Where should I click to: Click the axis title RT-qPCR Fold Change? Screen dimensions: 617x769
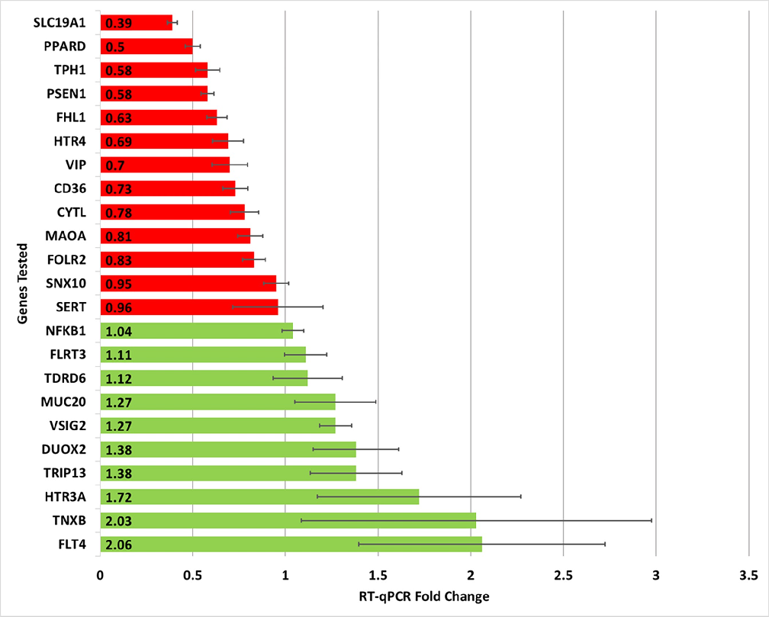click(424, 596)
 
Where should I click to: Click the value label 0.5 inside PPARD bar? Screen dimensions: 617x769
click(114, 47)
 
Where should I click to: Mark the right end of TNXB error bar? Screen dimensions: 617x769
click(652, 521)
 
